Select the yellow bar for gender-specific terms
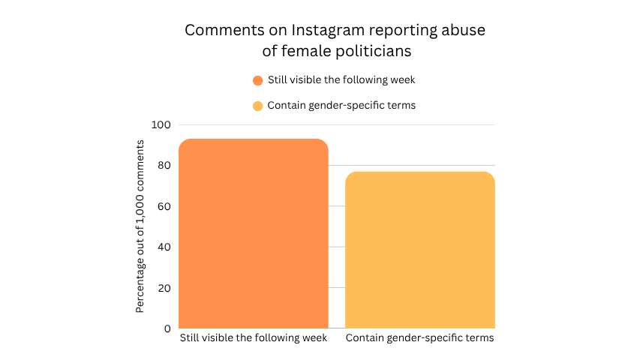[x=420, y=250]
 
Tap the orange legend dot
[x=258, y=80]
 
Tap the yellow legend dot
[x=258, y=106]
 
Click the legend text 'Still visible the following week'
[x=341, y=80]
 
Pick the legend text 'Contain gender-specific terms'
[x=341, y=106]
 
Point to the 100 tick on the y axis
[x=161, y=124]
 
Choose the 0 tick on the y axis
[x=167, y=328]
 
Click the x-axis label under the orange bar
[x=254, y=338]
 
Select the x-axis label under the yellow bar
[x=420, y=338]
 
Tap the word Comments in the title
[x=217, y=31]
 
